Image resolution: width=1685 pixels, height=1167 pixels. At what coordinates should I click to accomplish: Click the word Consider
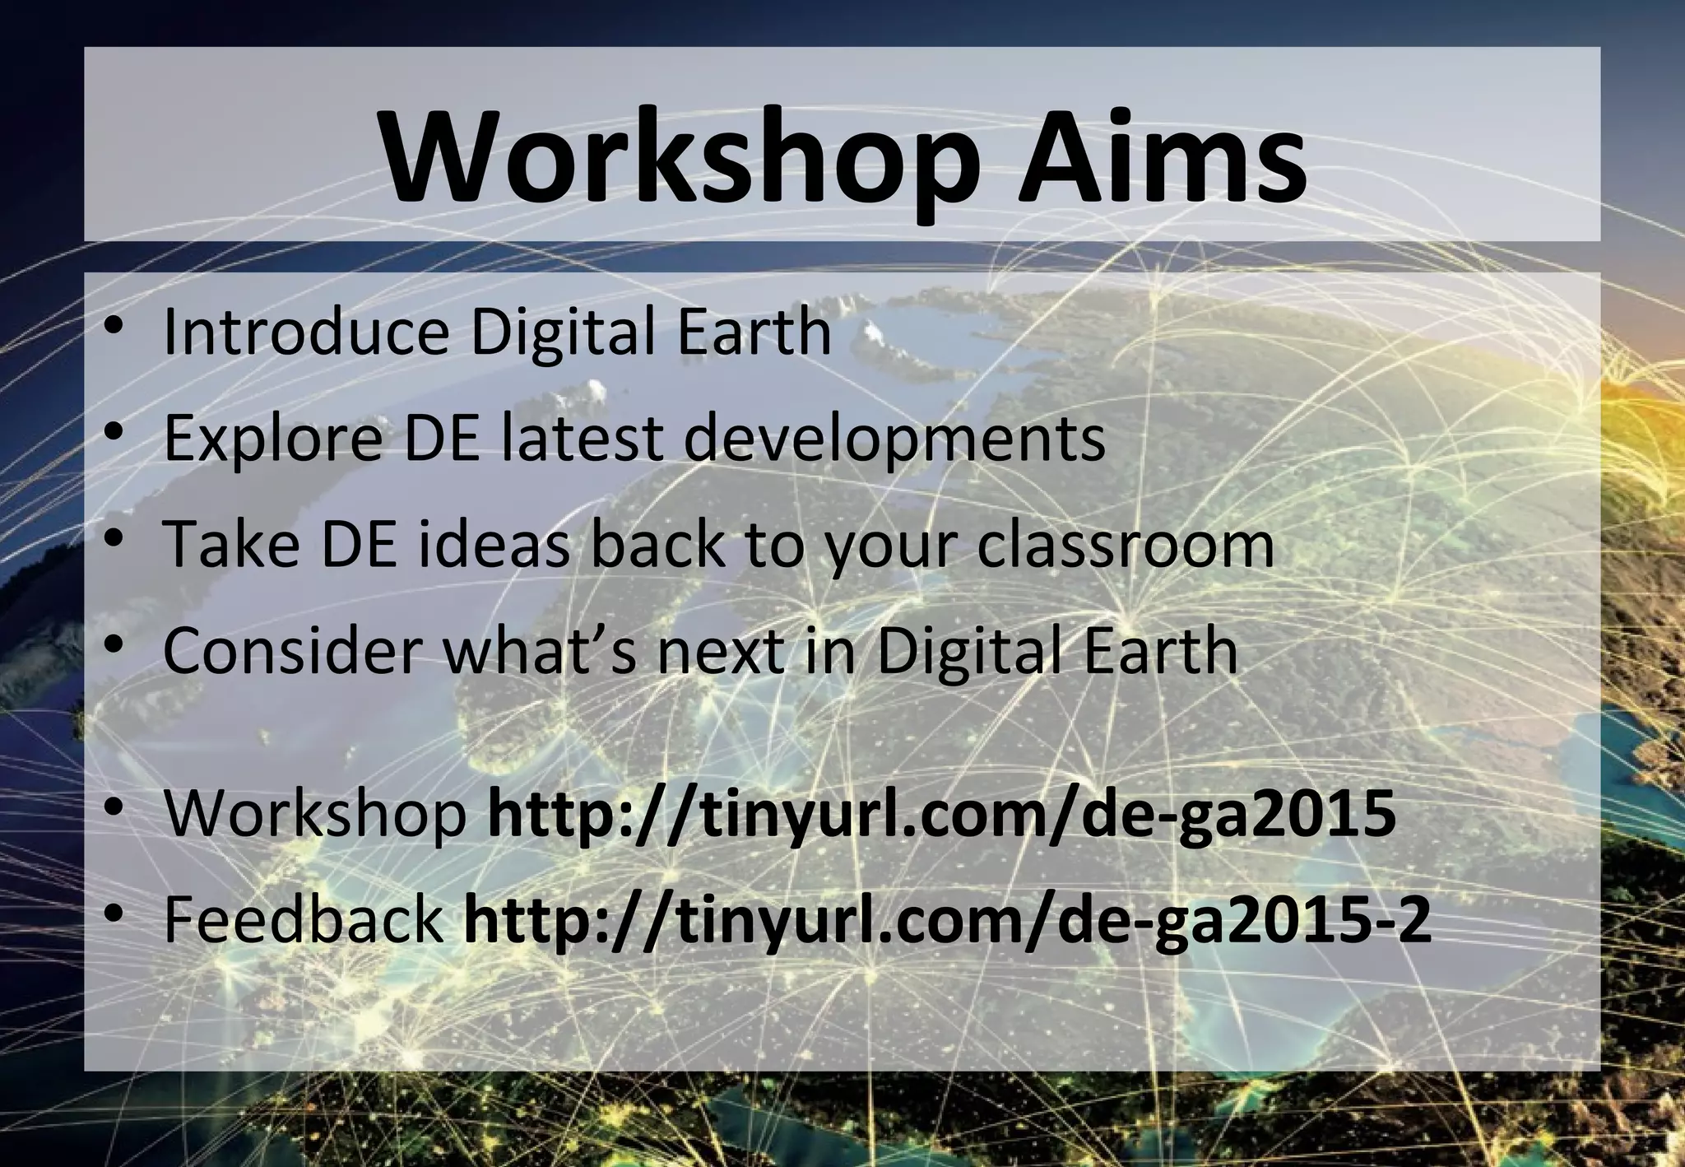coord(293,650)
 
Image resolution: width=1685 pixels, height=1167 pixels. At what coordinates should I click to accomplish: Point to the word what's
coord(540,650)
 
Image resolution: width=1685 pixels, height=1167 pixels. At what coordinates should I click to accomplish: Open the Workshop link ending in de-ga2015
coord(942,814)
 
